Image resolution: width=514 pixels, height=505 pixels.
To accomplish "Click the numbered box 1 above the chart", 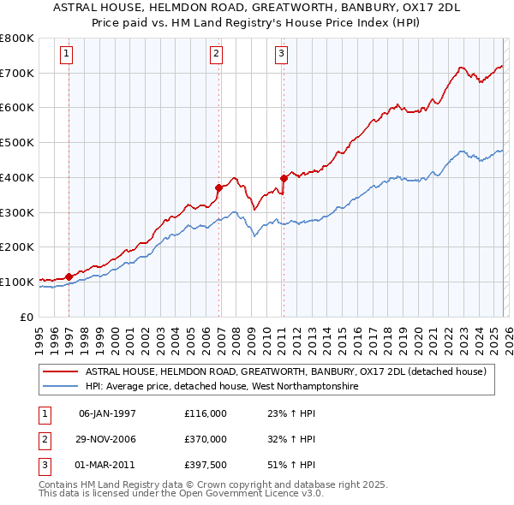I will point(67,54).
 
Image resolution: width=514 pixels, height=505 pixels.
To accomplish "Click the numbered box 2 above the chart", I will point(216,54).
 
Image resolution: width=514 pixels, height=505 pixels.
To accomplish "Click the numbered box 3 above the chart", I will point(281,54).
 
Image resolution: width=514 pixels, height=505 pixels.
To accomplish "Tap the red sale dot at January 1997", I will point(69,276).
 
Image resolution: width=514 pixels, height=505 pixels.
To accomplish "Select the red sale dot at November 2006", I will point(218,187).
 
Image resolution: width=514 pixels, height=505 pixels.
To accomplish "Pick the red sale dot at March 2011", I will point(284,178).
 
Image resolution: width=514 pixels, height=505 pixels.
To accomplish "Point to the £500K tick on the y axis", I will point(19,143).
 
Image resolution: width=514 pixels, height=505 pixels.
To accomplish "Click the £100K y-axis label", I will point(19,282).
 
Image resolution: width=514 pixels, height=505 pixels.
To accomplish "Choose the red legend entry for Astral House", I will point(286,371).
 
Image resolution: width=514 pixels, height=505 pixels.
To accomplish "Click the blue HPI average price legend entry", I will point(221,387).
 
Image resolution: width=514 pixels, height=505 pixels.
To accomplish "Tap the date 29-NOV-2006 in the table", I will point(107,439).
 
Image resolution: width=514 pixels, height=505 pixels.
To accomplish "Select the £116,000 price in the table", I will point(205,413).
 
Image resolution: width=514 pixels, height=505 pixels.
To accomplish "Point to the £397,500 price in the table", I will point(205,465).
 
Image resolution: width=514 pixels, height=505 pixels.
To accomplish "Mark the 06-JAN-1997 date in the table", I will point(107,413).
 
